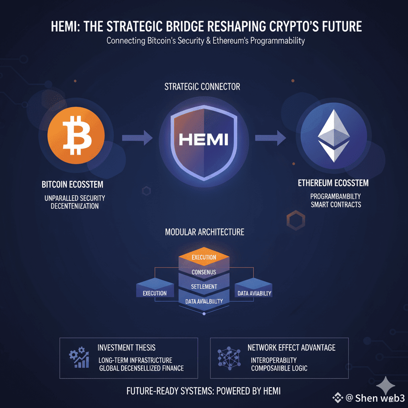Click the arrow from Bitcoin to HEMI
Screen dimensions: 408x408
[137, 138]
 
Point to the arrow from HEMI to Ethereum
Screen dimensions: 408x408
[270, 138]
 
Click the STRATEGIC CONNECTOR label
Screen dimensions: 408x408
[202, 86]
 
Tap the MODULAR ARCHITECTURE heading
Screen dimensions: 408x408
[204, 231]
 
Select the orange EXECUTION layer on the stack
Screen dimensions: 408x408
[204, 257]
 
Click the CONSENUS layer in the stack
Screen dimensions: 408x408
[204, 272]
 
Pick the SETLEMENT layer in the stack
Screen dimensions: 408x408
[204, 286]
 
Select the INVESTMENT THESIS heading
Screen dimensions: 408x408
[126, 347]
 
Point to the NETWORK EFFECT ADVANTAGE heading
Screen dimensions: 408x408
[291, 347]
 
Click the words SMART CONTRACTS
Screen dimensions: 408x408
[336, 204]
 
